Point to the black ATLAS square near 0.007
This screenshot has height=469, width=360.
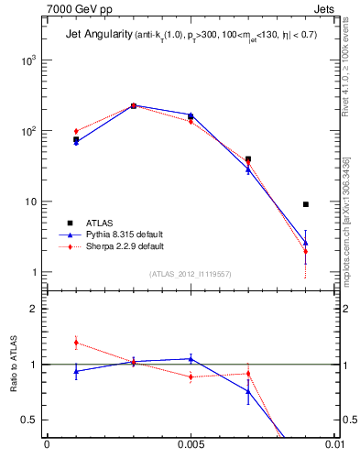[x=248, y=158]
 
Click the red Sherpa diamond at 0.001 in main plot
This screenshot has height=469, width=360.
[x=76, y=131]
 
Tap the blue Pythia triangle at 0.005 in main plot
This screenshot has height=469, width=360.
[x=191, y=115]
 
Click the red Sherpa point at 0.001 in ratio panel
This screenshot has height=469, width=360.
[x=76, y=343]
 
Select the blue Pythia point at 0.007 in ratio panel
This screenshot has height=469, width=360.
[x=248, y=392]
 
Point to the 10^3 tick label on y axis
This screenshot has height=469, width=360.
[x=29, y=60]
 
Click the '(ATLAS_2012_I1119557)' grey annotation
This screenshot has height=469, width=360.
[x=190, y=274]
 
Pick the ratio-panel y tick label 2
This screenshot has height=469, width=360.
[x=34, y=310]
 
